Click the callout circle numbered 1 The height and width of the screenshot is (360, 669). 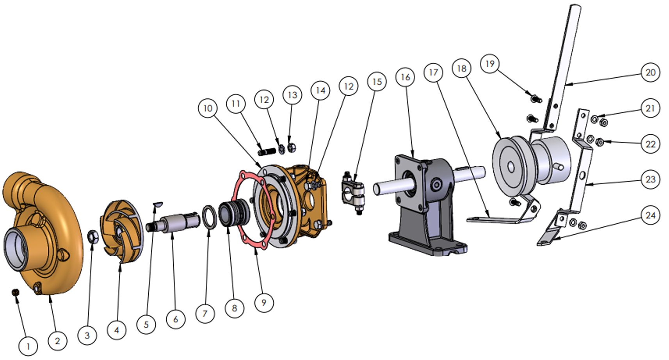tap(28, 346)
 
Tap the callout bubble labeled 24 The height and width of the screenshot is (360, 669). tap(651, 216)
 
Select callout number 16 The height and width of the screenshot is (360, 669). tap(405, 77)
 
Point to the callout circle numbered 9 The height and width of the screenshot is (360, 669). tap(264, 303)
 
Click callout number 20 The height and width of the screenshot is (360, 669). tap(651, 72)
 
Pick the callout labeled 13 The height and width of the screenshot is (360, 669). tap(292, 95)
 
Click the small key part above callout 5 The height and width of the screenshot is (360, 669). tap(158, 204)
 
